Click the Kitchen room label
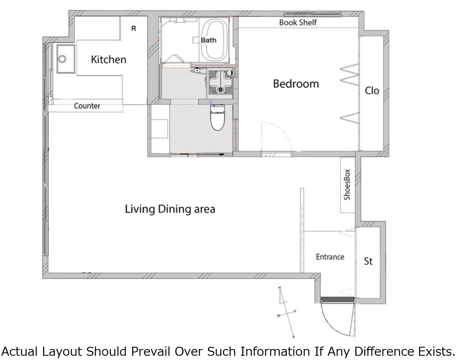(108, 59)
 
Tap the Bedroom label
(296, 84)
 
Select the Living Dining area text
(170, 209)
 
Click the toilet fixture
(218, 117)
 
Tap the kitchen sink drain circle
(62, 59)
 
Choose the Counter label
(87, 106)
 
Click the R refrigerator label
(134, 28)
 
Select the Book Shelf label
(298, 22)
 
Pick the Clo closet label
(372, 91)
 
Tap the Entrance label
(330, 257)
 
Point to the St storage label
(368, 261)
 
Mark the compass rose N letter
(280, 288)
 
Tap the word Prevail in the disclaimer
(151, 352)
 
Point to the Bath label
(209, 40)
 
